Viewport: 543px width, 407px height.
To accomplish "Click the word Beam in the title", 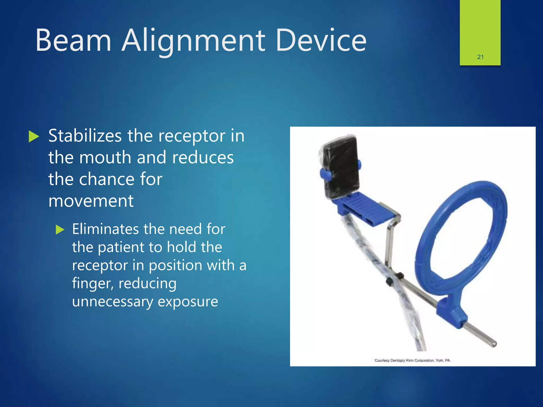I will [x=73, y=40].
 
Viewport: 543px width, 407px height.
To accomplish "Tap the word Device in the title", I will [x=321, y=40].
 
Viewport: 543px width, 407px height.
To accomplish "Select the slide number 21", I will [x=480, y=57].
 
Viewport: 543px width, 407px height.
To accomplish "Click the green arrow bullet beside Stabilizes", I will [x=34, y=136].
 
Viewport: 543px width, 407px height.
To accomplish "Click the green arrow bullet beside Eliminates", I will [x=60, y=229].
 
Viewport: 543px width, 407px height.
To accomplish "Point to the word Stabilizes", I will [x=85, y=136].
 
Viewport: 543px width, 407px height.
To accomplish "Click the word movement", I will [x=91, y=201].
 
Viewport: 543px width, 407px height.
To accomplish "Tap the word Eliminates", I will [x=106, y=229].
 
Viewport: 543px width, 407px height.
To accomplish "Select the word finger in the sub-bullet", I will [x=93, y=284].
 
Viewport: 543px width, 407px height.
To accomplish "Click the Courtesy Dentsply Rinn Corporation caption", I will [x=412, y=360].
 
